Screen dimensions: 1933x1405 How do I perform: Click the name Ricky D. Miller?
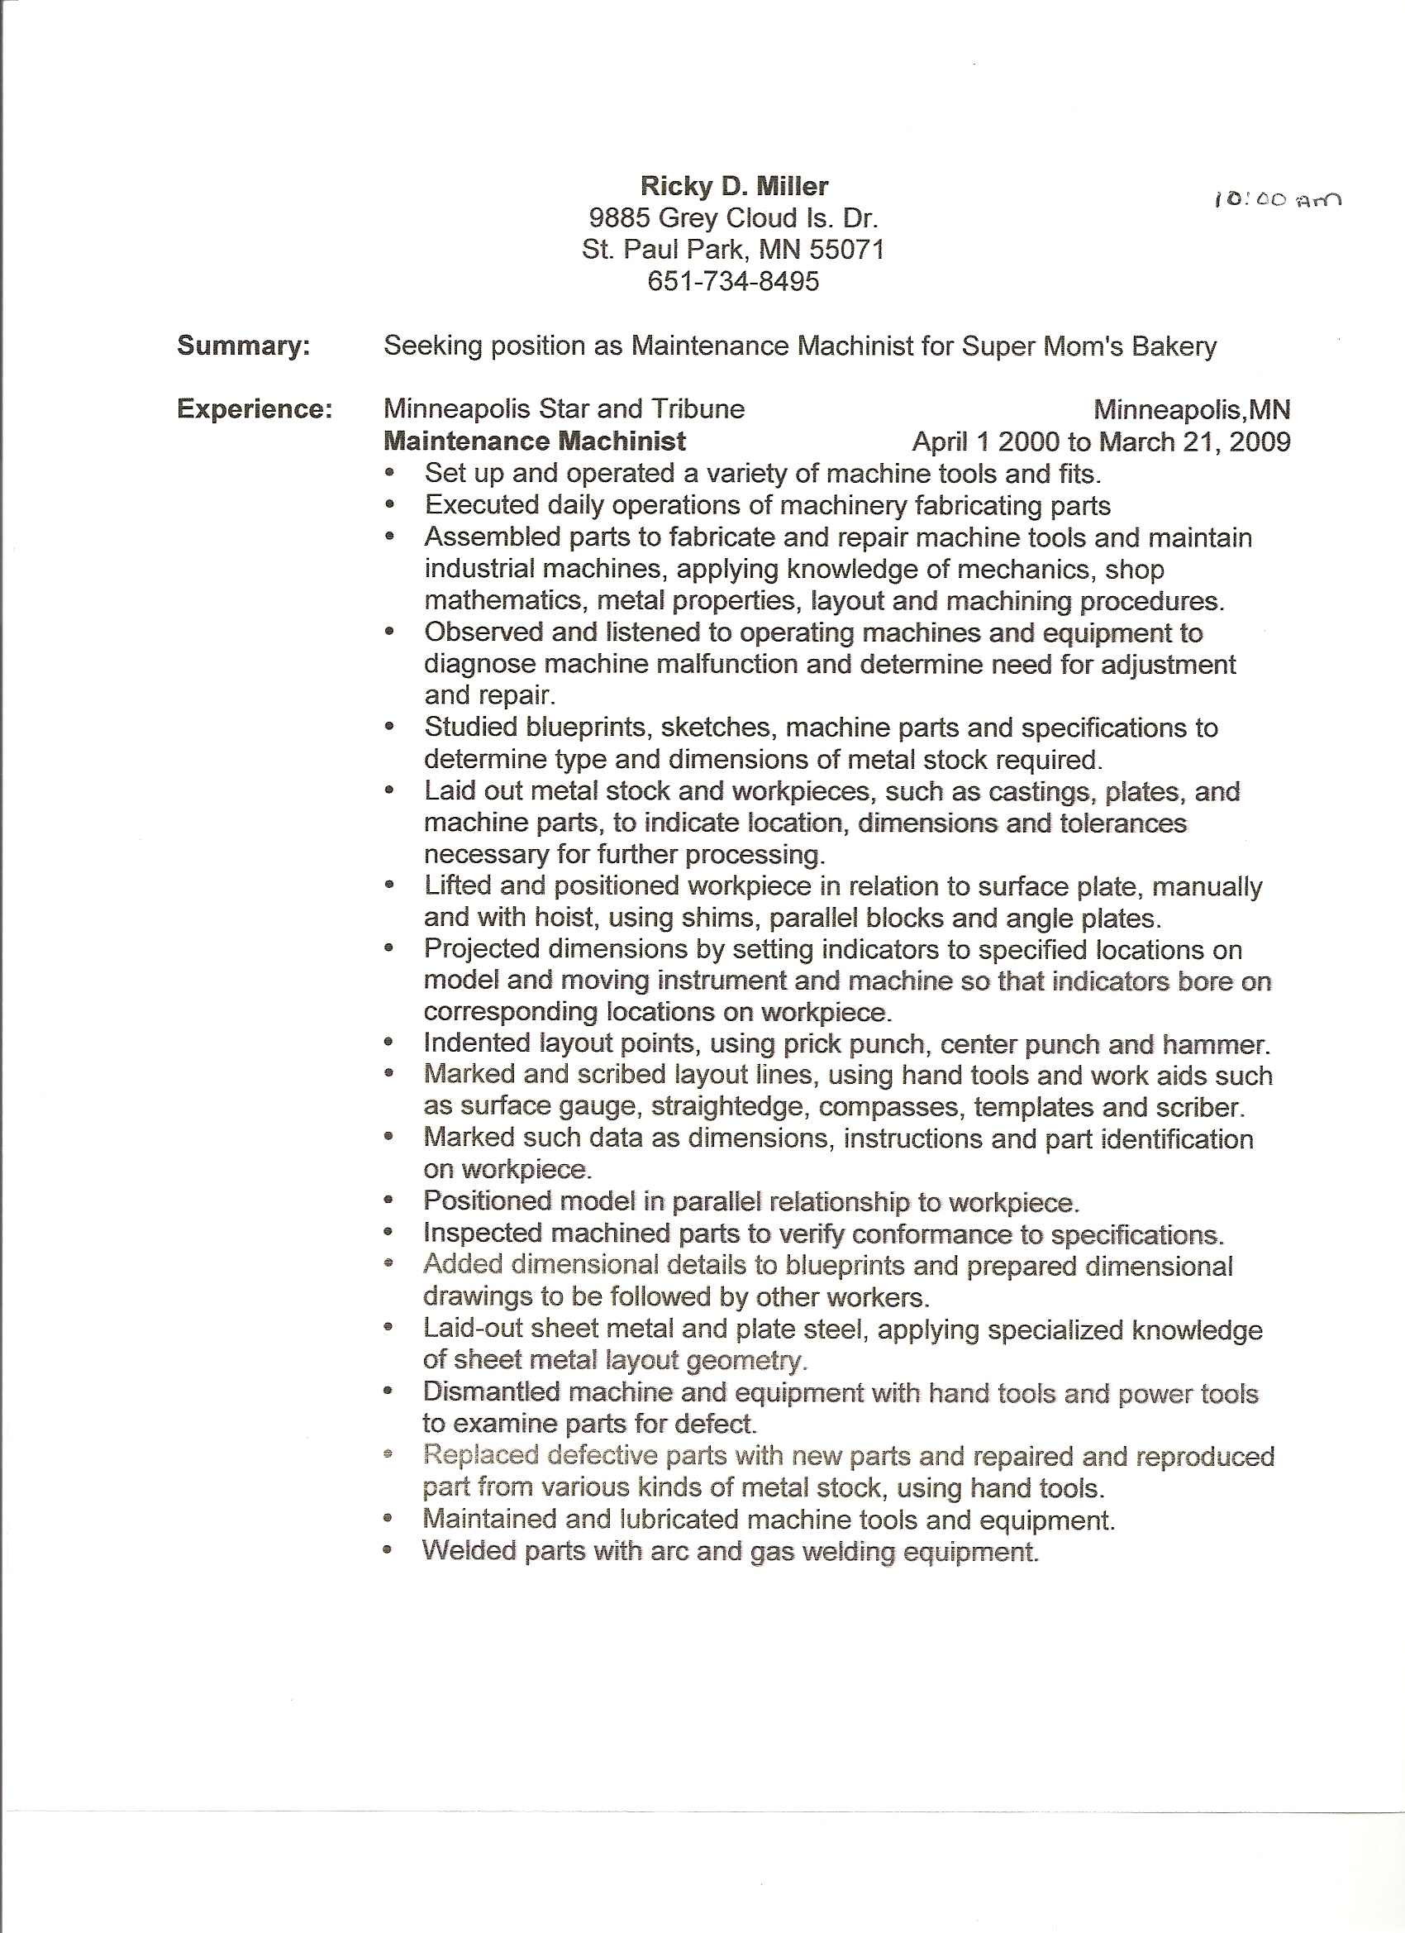(734, 186)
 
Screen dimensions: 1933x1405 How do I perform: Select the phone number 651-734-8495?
(733, 281)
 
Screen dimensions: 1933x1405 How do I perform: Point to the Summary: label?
(243, 346)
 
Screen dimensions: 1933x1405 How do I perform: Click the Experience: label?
(254, 410)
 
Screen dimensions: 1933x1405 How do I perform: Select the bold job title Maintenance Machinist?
(534, 441)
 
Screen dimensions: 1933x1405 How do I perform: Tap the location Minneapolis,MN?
(1191, 410)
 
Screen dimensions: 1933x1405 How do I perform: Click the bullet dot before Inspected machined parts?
(389, 1234)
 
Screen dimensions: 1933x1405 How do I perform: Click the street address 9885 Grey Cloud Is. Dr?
(733, 218)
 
